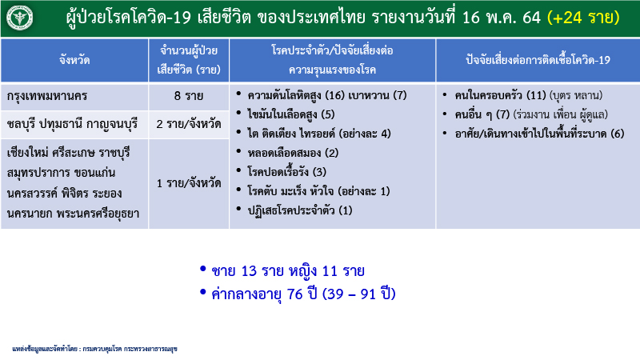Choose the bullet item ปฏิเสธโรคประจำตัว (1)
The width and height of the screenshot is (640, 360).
(x=299, y=210)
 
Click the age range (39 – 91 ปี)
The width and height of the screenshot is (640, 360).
(x=359, y=294)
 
